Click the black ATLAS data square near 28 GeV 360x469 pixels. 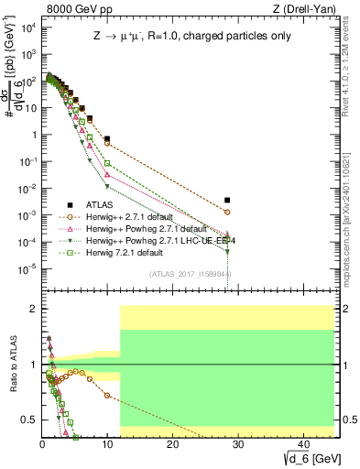(227, 200)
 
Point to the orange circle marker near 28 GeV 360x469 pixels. (227, 212)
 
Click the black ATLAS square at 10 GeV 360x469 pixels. (107, 139)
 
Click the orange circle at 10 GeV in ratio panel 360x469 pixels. (107, 396)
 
